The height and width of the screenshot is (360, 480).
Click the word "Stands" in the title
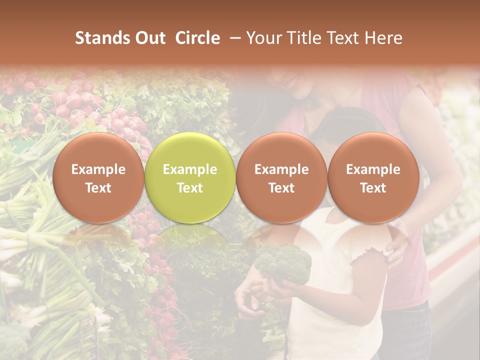(x=102, y=38)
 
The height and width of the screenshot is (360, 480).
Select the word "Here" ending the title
(x=384, y=38)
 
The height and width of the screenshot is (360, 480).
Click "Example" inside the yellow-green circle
(x=190, y=169)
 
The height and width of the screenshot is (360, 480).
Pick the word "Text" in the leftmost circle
(x=98, y=188)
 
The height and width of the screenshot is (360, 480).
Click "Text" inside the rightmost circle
(x=373, y=188)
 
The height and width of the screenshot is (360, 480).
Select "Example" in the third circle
(x=281, y=169)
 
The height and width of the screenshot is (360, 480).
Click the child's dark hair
(x=350, y=122)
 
